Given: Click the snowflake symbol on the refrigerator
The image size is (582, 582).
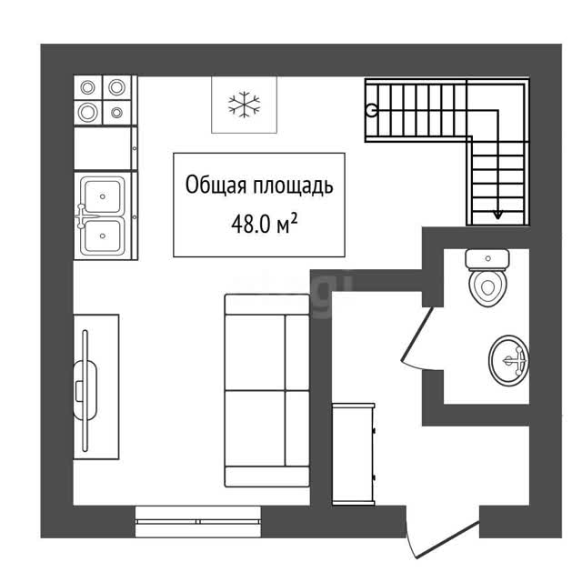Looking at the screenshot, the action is tap(245, 105).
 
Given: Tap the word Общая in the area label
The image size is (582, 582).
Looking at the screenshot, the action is tap(216, 185).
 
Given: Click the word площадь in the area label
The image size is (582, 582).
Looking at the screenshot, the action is tap(293, 186).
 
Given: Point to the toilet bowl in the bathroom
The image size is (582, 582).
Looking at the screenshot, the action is tap(487, 287).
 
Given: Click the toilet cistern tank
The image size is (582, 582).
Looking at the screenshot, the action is tap(487, 259).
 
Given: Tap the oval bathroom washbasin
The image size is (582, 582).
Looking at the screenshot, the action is tap(508, 360).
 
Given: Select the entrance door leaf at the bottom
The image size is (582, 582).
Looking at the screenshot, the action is tap(447, 539).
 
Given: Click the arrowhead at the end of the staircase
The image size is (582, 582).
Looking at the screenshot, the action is tap(497, 216).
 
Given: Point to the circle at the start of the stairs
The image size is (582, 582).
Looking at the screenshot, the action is tap(371, 110).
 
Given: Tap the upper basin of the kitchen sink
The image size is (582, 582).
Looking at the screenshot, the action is tap(103, 196).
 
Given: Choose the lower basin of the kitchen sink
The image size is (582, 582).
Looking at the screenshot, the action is tap(103, 236).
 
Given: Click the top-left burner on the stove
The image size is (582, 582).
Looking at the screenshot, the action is tap(88, 87).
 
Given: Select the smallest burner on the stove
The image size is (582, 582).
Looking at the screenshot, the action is tap(117, 112).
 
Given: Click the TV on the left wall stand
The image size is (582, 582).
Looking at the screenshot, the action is tap(85, 390).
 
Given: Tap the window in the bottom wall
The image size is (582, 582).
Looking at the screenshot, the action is tap(198, 521).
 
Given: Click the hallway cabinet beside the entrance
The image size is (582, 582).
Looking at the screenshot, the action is tap(354, 454).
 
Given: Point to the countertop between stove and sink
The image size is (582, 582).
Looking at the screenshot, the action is tap(105, 148).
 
